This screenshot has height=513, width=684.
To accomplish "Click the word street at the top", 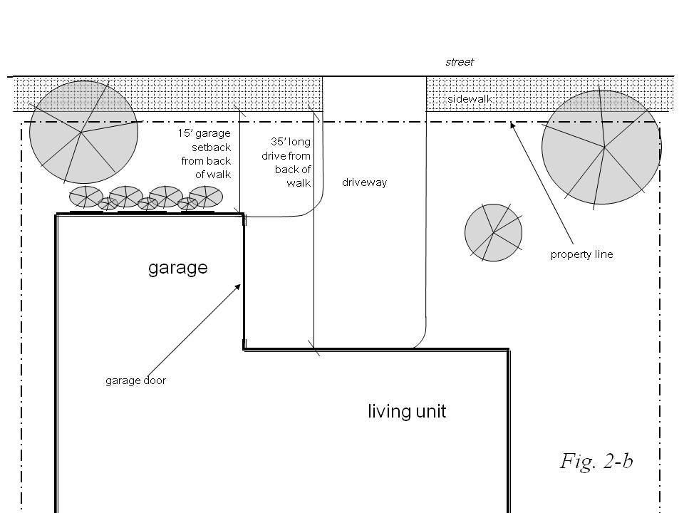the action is tap(460, 62).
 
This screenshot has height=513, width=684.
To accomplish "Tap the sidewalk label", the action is tap(470, 99).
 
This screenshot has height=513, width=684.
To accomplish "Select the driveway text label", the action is tap(364, 182).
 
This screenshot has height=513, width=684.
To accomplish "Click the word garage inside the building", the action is tap(177, 268).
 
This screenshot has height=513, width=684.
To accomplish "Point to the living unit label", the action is tap(407, 411).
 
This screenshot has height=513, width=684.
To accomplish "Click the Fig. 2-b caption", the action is tap(596, 462).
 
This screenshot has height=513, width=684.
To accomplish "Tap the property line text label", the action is tap(581, 254).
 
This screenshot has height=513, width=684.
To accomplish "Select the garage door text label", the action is tap(135, 380).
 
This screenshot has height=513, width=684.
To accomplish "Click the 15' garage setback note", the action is tap(204, 153).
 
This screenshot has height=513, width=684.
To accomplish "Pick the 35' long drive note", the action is tap(291, 162).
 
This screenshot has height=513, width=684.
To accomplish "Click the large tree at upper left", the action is tap(83, 133).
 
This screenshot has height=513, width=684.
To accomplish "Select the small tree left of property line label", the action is tap(493, 232).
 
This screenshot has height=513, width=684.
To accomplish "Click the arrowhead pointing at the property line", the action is tap(512, 126).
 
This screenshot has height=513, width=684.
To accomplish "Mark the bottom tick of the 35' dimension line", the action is tap(313, 348).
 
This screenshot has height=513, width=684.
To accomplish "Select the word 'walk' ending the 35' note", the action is tap(299, 183).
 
